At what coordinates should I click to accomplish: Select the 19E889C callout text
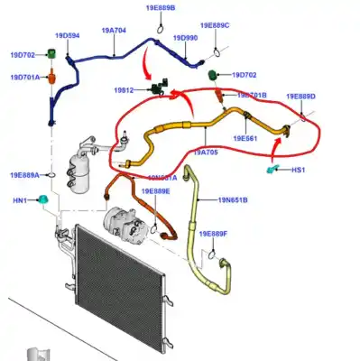coord(215,25)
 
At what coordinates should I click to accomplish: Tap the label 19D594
coord(67,36)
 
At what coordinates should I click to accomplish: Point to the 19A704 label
coord(114,30)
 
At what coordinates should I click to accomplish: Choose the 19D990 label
coord(185,38)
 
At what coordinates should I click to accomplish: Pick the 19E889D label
coord(300,96)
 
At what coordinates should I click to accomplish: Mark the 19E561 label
coord(245,138)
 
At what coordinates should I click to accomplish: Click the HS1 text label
coord(299,170)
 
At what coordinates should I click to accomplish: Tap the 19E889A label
coord(25,175)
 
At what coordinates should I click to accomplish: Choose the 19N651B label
coord(232,199)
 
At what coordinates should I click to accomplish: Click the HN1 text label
coord(17,199)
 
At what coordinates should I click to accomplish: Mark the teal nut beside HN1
coord(42,199)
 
